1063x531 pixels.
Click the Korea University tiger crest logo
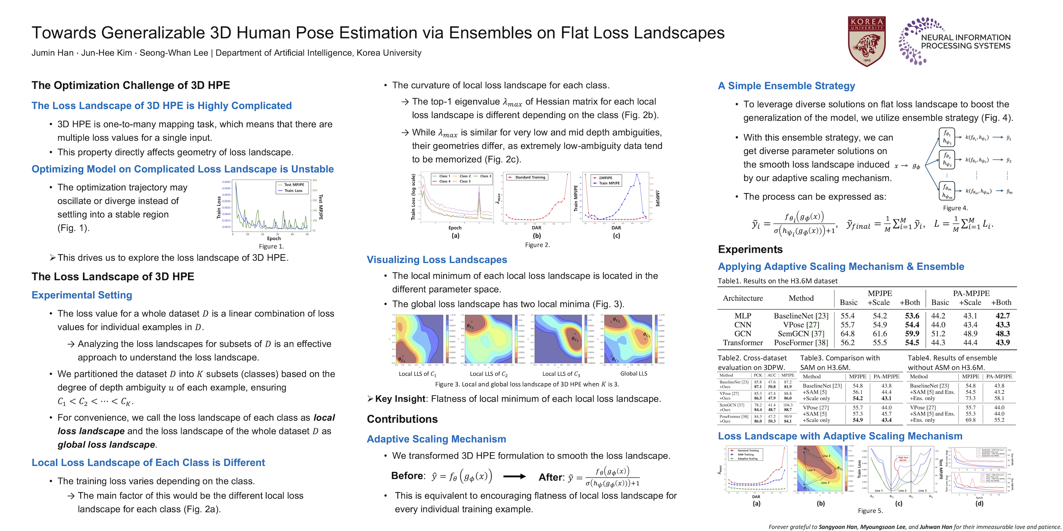click(x=867, y=41)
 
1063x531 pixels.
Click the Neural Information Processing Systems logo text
click(x=965, y=42)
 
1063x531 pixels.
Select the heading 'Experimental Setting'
click(x=82, y=295)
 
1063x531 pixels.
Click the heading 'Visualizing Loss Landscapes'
click(x=437, y=260)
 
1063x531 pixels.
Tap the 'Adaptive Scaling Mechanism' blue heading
click(x=436, y=439)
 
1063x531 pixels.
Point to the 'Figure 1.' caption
click(x=271, y=246)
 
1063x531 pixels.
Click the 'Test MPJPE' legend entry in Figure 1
click(x=294, y=185)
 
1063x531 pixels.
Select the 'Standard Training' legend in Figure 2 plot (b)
click(x=530, y=177)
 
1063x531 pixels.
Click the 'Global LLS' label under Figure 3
click(x=633, y=374)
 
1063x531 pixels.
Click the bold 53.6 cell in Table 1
click(x=912, y=316)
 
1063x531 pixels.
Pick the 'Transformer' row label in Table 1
click(x=743, y=343)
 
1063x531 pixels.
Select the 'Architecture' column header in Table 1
click(x=743, y=298)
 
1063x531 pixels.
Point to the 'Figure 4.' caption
click(x=955, y=208)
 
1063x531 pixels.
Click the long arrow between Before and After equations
click(x=515, y=477)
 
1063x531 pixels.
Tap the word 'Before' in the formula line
click(x=407, y=476)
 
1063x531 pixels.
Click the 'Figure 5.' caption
click(x=870, y=511)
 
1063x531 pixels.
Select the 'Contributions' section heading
click(x=402, y=419)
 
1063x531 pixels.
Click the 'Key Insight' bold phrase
click(x=400, y=399)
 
